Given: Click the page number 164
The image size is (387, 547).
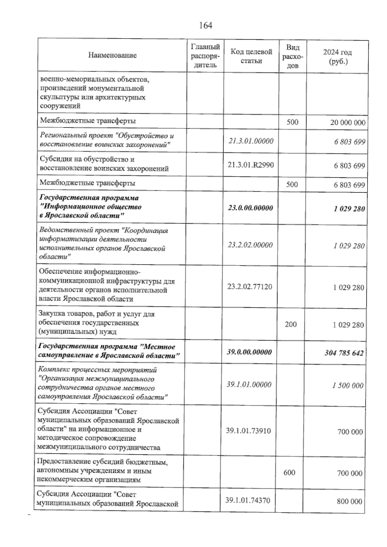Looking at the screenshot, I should click(205, 25).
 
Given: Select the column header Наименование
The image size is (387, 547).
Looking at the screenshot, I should click(113, 55).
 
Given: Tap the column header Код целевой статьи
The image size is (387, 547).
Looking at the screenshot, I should click(251, 56).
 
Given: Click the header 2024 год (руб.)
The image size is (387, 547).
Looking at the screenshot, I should click(337, 56).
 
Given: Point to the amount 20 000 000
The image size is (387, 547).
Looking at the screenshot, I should click(348, 123).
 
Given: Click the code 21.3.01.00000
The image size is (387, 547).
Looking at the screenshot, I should click(251, 141).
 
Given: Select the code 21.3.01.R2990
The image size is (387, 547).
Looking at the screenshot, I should click(251, 165).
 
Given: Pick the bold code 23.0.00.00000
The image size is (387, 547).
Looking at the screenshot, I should click(250, 208).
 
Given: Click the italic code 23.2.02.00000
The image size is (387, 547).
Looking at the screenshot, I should click(250, 245).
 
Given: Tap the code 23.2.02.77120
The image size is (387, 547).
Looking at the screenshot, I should click(250, 287).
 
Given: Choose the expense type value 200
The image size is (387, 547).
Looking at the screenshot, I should click(291, 324).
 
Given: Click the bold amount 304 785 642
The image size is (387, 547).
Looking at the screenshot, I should click(344, 353).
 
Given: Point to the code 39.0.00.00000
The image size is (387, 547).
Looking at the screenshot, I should click(249, 352).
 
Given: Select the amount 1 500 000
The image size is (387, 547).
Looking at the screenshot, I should click(348, 386).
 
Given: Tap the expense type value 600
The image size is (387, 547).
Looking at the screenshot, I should click(289, 472).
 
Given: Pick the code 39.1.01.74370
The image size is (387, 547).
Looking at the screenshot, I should click(248, 501).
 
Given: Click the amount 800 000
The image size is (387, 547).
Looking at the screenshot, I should click(350, 502).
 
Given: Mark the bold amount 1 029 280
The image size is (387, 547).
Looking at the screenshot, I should click(349, 209).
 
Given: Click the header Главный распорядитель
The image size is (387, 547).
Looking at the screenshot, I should click(205, 56).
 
